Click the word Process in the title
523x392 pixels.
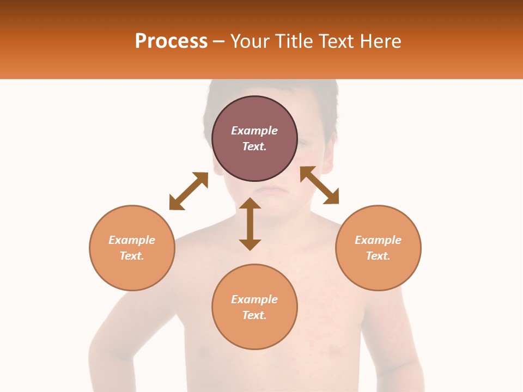[x=171, y=41]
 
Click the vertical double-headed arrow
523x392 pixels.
[x=250, y=224]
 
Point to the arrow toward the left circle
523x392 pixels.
[x=188, y=191]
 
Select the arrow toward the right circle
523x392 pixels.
[x=319, y=185]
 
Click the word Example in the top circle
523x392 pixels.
[x=254, y=131]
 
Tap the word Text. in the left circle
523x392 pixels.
[x=132, y=256]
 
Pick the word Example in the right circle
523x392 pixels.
[x=378, y=240]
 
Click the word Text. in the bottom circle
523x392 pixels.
[x=254, y=315]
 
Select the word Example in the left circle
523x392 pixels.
[x=132, y=240]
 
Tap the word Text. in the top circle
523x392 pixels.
[x=254, y=146]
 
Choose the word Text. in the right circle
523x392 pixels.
[x=378, y=256]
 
